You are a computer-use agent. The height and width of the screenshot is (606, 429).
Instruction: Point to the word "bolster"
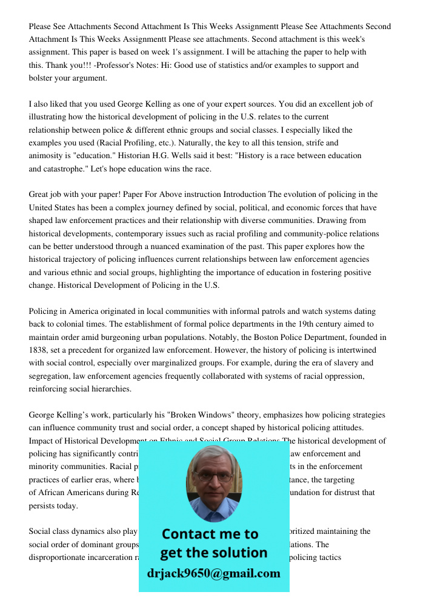41,78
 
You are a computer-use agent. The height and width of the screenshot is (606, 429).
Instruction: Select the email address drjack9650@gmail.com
214,573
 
